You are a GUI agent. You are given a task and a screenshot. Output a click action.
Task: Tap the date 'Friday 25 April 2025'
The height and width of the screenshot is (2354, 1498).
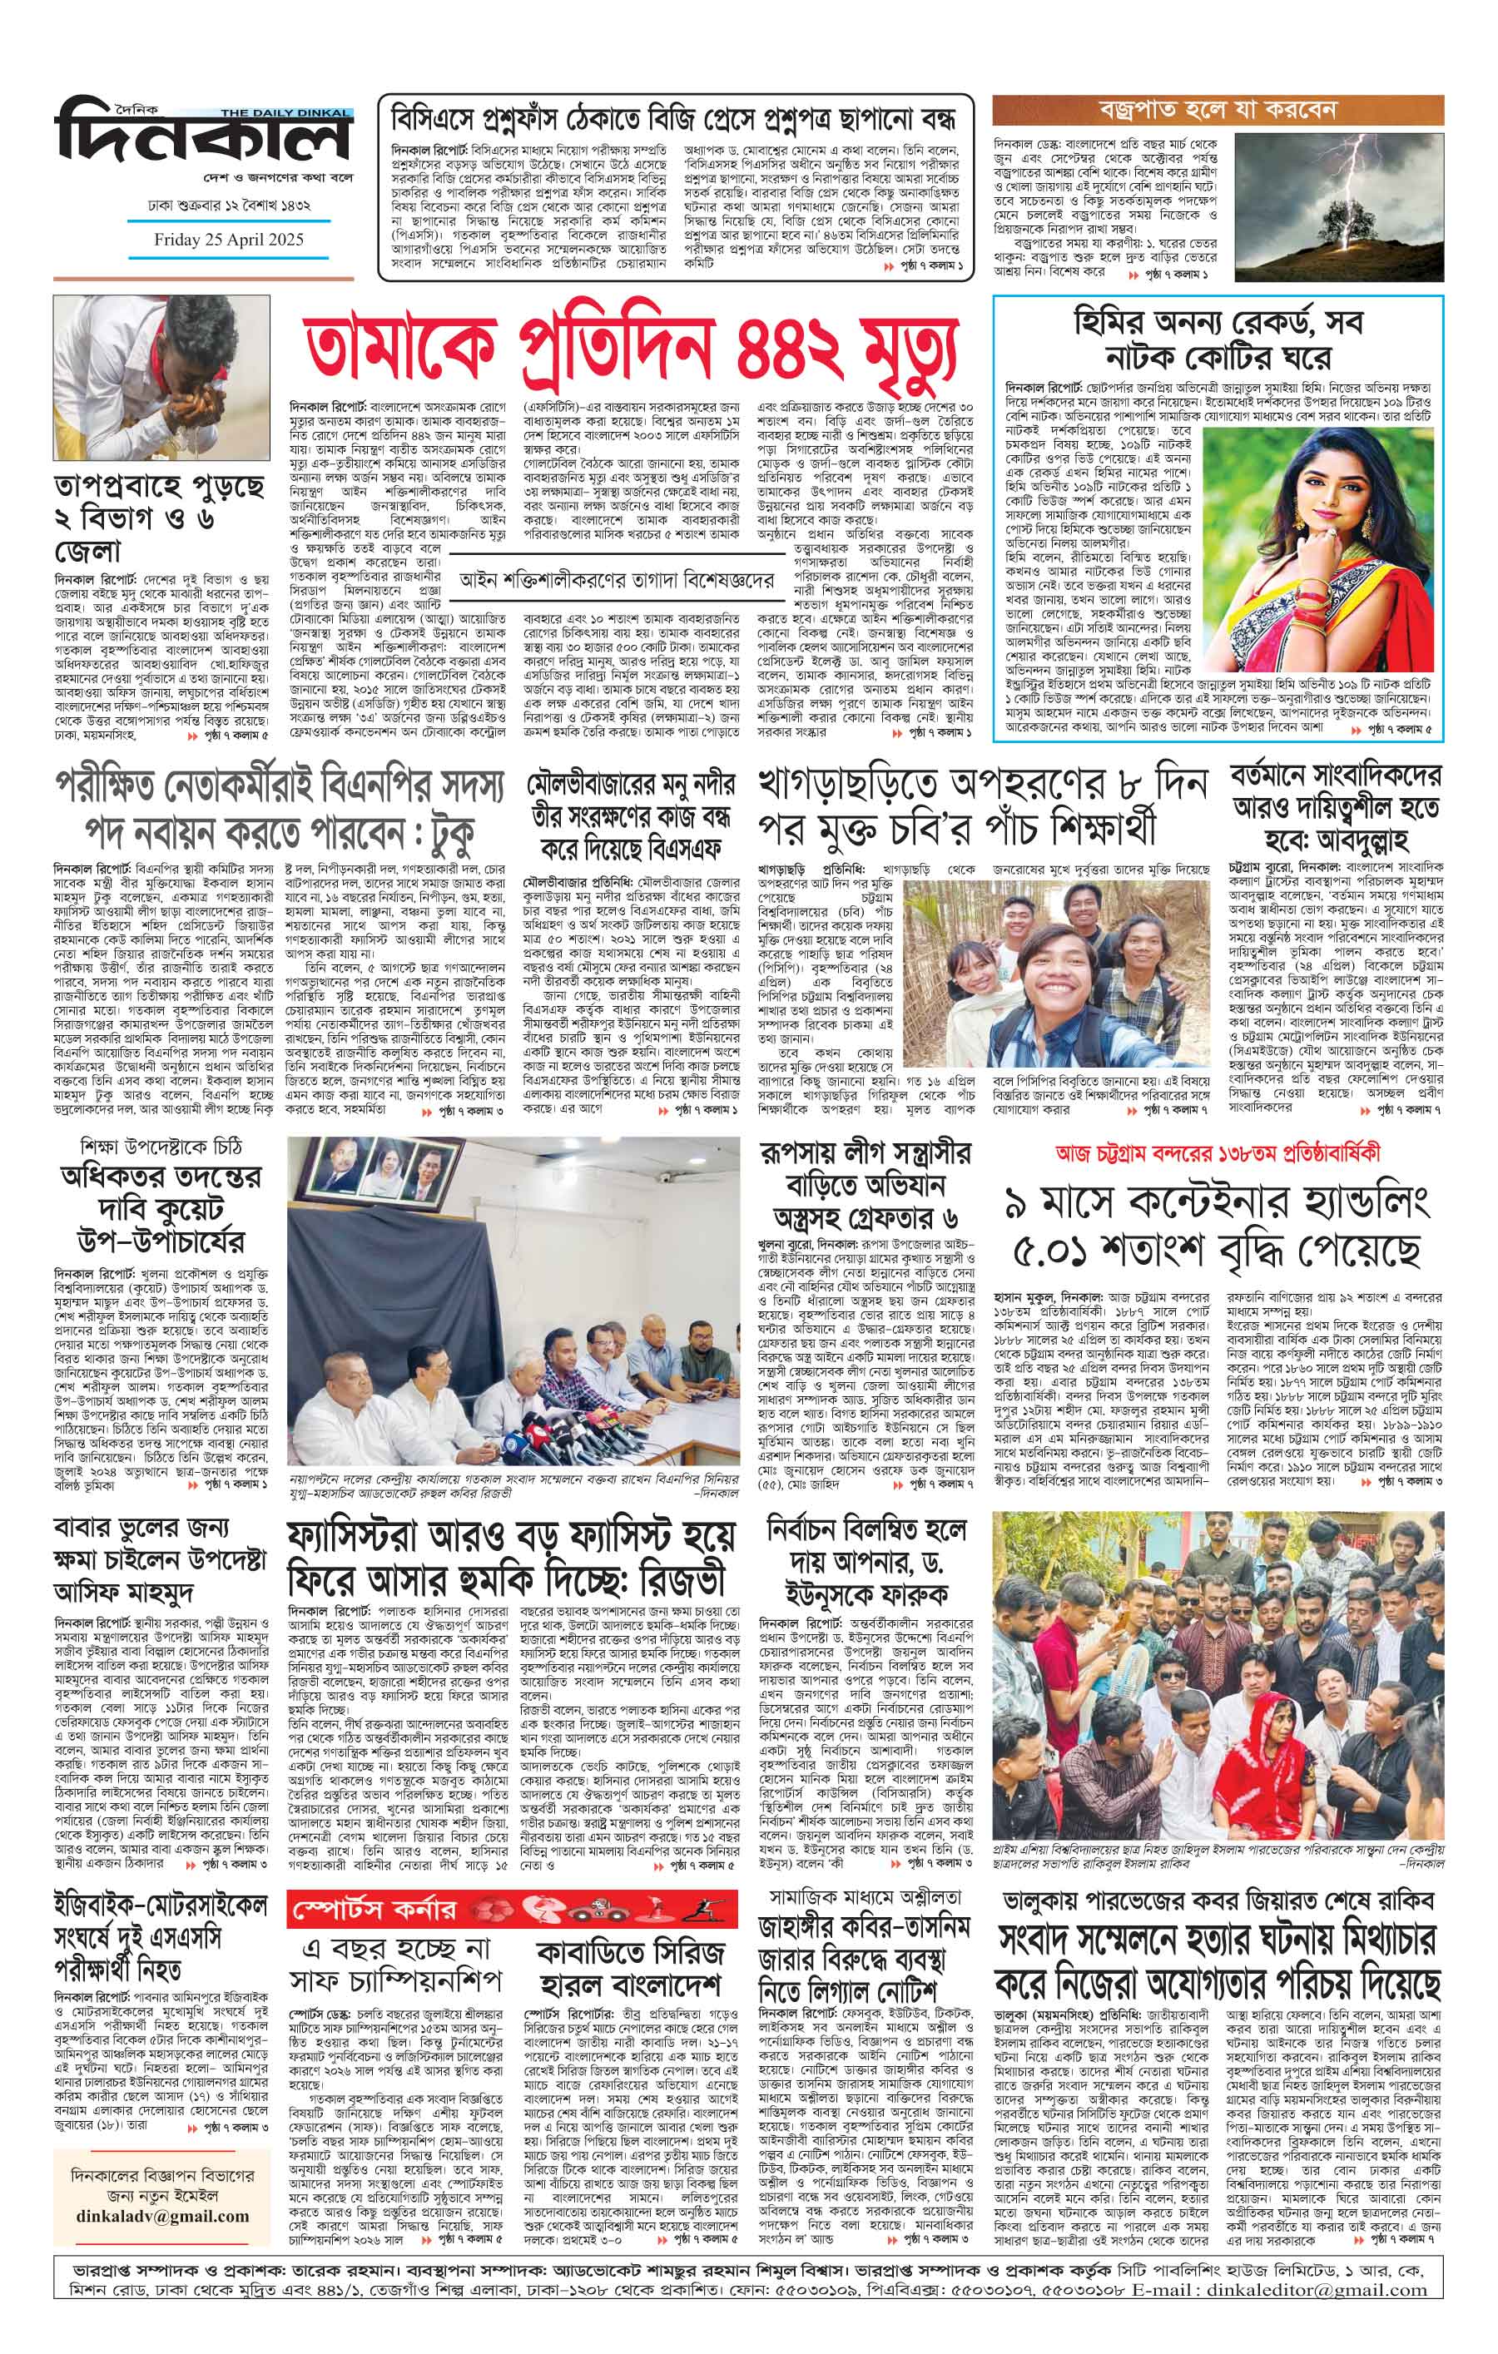[228, 240]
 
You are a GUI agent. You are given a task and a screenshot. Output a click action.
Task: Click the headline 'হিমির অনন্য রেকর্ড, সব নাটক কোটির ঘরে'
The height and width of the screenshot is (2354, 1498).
[1218, 337]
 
